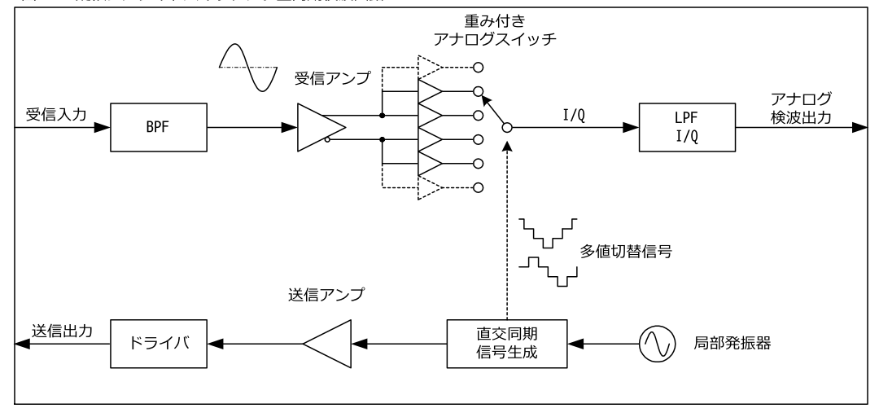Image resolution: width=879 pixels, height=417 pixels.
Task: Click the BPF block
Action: (x=156, y=128)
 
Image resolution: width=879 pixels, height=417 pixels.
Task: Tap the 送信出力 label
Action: (x=61, y=331)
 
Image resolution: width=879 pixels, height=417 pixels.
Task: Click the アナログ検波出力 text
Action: (x=802, y=106)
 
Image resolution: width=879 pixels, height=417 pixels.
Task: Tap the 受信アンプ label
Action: (x=332, y=80)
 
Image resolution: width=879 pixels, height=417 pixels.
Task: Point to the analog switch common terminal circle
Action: (x=506, y=128)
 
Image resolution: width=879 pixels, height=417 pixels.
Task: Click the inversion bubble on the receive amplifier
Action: (x=327, y=140)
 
